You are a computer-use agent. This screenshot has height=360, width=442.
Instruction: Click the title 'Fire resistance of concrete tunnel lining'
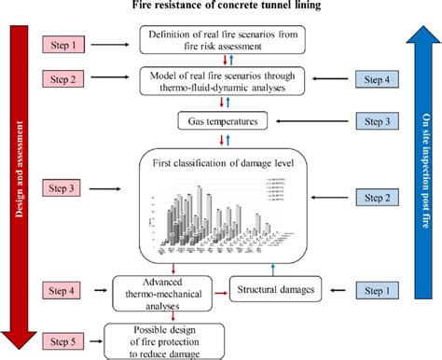[x=220, y=8]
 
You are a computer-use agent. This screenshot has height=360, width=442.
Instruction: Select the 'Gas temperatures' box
[x=221, y=121]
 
